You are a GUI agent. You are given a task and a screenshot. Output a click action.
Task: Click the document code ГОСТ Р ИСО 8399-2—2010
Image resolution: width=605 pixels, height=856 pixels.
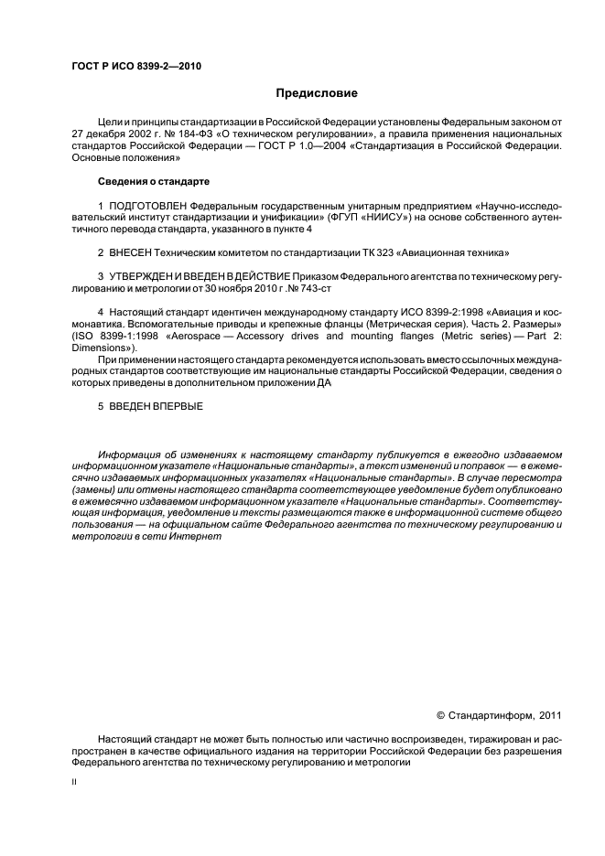tap(135, 68)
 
